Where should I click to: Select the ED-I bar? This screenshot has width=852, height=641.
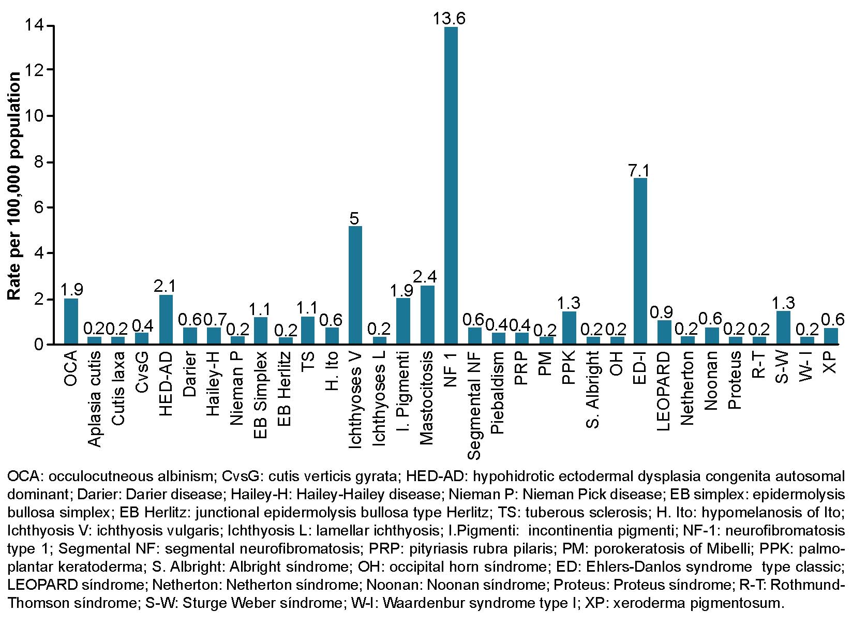click(640, 261)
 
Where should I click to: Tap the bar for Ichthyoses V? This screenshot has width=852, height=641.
click(355, 285)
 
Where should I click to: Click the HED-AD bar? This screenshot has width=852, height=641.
click(166, 319)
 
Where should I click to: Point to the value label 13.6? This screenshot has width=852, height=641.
click(450, 19)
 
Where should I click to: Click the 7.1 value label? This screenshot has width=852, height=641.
click(640, 170)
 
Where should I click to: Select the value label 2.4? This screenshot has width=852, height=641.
click(427, 277)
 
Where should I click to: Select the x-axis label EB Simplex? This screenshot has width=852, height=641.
click(261, 395)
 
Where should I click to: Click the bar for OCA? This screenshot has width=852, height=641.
click(71, 321)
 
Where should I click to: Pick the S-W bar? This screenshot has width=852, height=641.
click(783, 327)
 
